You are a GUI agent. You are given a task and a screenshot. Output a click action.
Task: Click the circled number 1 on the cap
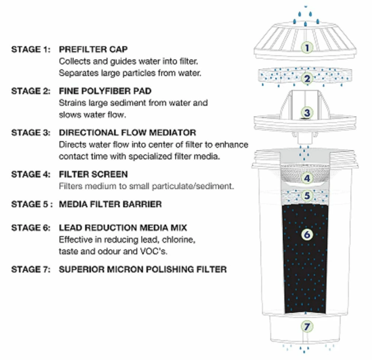[307, 48]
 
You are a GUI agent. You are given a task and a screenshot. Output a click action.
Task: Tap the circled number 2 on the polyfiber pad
[307, 79]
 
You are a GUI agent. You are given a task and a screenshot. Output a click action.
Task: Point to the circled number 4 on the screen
[307, 178]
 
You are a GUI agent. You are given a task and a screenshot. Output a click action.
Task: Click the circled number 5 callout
[307, 195]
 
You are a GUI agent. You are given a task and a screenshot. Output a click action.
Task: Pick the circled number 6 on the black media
[307, 234]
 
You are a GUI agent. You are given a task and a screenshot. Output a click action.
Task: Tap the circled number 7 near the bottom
[307, 327]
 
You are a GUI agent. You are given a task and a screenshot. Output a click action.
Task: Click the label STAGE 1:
[31, 49]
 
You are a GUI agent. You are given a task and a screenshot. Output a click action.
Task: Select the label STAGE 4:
[31, 174]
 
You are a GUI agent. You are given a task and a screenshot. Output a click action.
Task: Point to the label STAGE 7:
[31, 269]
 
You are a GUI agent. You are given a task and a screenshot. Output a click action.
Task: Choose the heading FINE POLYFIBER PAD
[105, 91]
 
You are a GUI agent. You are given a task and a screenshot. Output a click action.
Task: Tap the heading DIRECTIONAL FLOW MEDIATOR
[127, 133]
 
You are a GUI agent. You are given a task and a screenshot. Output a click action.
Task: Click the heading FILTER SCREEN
[93, 174]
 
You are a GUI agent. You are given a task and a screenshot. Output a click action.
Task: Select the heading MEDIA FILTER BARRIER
[110, 204]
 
